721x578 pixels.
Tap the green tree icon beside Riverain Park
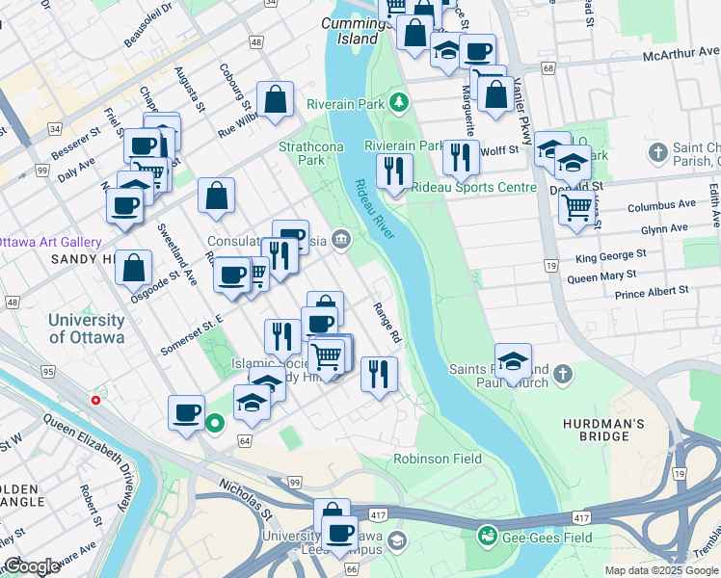pos(399,102)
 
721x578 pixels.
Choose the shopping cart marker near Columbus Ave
pos(576,205)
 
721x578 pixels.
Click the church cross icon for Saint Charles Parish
pos(657,152)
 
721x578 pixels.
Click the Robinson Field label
pos(438,459)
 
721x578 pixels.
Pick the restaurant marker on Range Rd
pos(379,372)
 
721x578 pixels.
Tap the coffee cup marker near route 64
pos(187,413)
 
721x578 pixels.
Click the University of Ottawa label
pos(87,328)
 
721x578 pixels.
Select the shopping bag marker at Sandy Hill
pos(133,268)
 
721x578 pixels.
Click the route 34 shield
pos(54,128)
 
